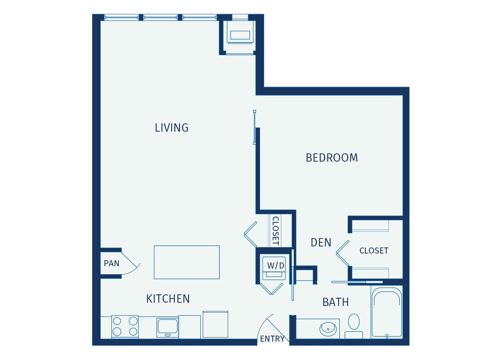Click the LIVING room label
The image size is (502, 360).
point(171,128)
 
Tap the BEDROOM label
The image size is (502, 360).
point(332,158)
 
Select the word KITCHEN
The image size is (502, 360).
point(168,299)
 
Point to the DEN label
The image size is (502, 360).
point(321,243)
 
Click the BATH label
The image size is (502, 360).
point(335,302)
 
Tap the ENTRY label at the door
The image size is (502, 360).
point(272,339)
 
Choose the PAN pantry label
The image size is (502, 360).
point(112,264)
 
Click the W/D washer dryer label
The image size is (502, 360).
point(276,266)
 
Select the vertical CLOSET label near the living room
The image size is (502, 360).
point(275,230)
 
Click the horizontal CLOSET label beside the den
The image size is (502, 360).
point(374,251)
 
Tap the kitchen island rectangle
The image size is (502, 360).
point(187,262)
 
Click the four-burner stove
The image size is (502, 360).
point(125,326)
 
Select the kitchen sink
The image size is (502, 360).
point(167,327)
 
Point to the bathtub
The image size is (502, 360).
point(387,313)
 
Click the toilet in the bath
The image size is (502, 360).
point(354,325)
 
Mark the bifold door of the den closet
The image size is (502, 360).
point(342,253)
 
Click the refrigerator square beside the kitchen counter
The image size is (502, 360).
point(215,325)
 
